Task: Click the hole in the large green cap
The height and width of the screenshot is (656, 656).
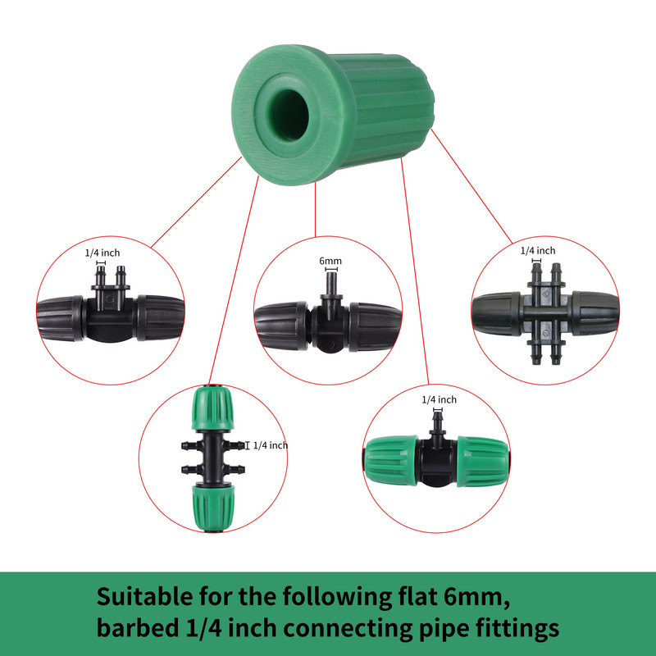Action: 289,115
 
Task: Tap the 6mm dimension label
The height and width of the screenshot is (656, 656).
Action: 330,261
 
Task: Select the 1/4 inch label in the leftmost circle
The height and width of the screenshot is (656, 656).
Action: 102,253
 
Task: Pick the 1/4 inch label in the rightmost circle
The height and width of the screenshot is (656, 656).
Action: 538,251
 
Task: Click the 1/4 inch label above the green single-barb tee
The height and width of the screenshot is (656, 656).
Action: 439,399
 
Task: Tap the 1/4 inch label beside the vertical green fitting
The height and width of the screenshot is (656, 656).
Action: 271,445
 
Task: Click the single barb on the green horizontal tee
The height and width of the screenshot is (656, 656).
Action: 438,423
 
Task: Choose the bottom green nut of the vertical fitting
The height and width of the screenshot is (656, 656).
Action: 213,508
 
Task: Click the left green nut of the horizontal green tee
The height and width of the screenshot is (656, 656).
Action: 391,461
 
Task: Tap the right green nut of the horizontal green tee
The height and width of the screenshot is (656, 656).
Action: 483,462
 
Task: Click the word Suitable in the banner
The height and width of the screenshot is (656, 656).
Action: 144,596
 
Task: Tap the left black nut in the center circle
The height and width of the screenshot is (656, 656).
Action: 281,326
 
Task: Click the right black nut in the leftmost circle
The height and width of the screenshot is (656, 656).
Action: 160,318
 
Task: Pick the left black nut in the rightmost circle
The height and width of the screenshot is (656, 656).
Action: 497,314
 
